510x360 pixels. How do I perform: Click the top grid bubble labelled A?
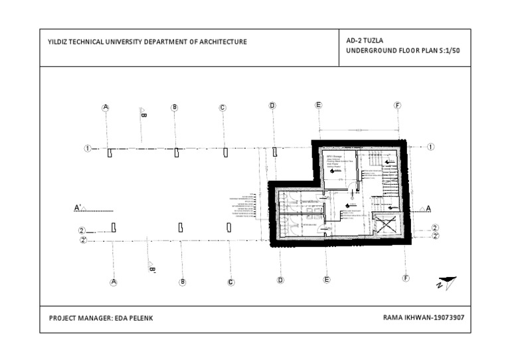point(106,107)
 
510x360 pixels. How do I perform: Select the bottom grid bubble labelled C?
point(231,282)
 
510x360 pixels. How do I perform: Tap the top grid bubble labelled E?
point(319,106)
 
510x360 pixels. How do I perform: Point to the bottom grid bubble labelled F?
point(406,279)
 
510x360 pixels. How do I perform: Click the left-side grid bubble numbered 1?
point(87,148)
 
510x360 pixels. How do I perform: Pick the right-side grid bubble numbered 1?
point(431,147)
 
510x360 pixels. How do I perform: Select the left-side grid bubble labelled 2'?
point(83,240)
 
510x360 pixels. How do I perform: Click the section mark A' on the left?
point(78,209)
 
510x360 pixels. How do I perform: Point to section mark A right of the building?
point(428,209)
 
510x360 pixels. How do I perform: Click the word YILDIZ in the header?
point(58,42)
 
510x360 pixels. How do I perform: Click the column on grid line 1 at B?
point(176,153)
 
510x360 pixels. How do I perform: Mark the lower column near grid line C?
point(229,227)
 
